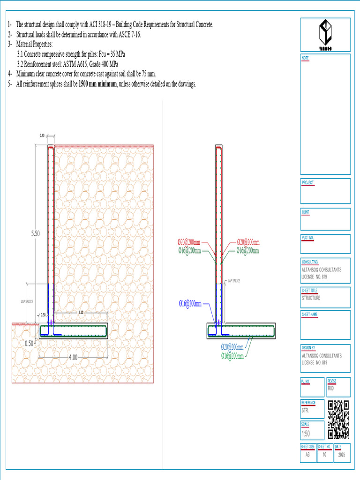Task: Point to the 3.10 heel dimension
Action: click(x=81, y=312)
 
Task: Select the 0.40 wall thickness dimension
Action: click(x=43, y=136)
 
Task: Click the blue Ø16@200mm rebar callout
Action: click(x=190, y=304)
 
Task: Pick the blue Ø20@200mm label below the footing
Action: click(x=232, y=347)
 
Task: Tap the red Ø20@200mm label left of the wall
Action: click(x=189, y=243)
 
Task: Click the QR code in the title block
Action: click(x=338, y=420)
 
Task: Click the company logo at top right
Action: click(x=325, y=34)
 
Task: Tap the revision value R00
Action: click(x=331, y=388)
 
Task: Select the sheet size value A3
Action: click(x=307, y=454)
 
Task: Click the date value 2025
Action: click(x=341, y=454)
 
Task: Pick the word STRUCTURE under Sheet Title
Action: click(x=311, y=298)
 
